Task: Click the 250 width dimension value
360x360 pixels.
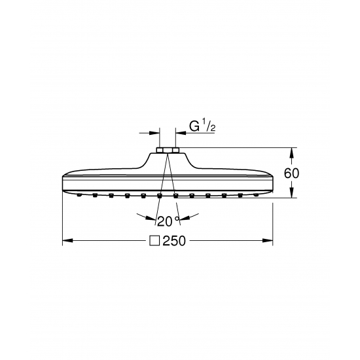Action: (175, 241)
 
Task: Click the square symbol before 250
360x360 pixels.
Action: (155, 241)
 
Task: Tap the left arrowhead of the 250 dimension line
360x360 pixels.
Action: (66, 241)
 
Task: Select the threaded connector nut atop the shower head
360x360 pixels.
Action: (168, 151)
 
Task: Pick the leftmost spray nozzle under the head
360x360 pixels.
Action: (80, 194)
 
